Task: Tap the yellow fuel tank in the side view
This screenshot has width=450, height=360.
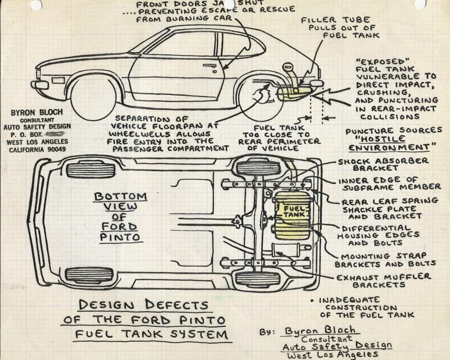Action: (x=295, y=93)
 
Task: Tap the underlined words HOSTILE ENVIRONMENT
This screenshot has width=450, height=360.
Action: (x=392, y=143)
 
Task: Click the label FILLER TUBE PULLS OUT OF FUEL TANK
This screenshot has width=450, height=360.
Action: (x=342, y=28)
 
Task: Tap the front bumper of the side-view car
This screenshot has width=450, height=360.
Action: (x=39, y=84)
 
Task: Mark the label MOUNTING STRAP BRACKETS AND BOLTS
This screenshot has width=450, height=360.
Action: (x=385, y=259)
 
